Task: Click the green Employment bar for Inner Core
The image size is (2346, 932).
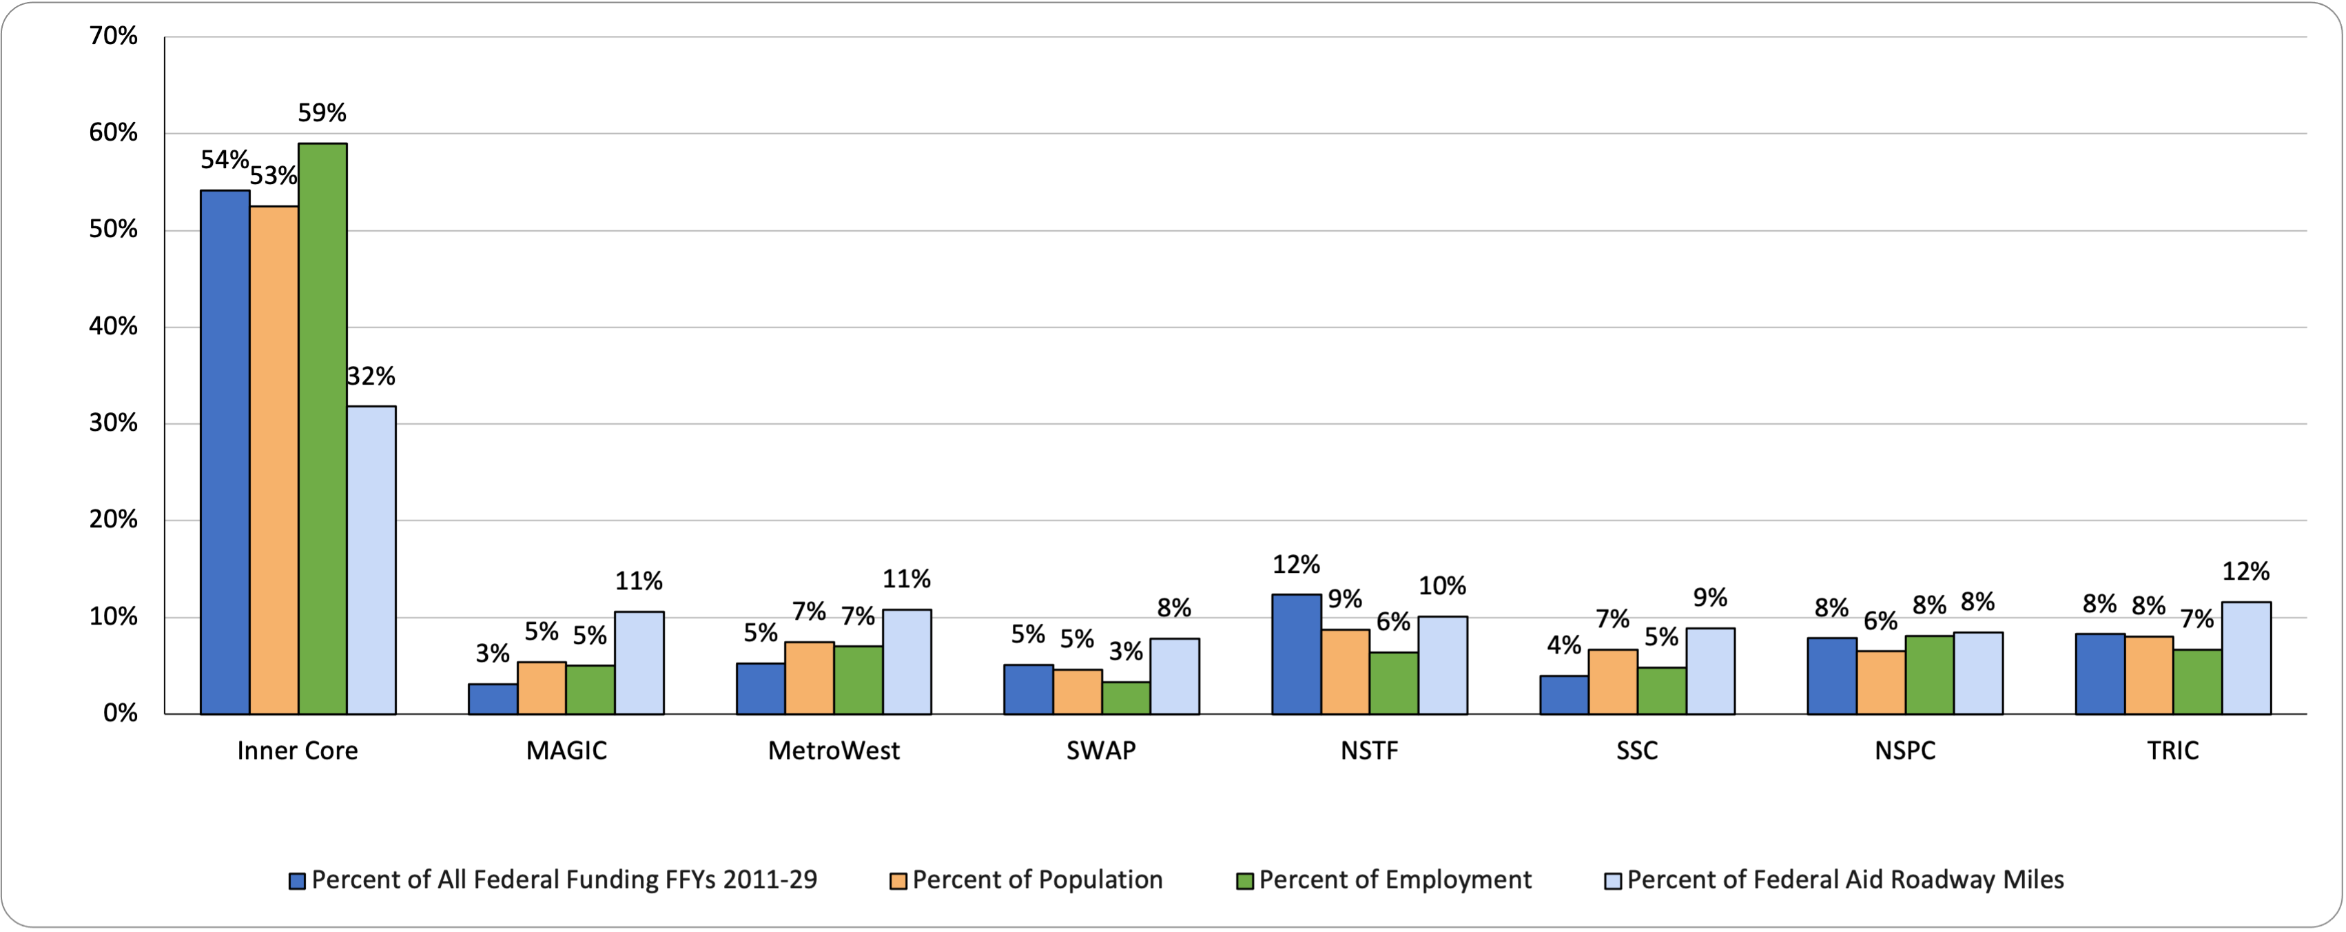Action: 322,428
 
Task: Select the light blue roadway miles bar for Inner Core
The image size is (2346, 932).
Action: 371,560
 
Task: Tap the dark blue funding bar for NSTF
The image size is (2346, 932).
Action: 1296,654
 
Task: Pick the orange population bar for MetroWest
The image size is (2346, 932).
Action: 810,678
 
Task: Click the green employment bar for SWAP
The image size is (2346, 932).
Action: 1126,698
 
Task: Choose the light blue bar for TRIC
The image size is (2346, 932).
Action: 2246,658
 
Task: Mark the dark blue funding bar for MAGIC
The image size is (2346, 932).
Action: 493,699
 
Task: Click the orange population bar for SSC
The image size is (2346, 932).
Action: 1613,682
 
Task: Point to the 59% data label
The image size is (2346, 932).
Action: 322,113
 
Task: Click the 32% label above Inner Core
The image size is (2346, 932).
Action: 371,376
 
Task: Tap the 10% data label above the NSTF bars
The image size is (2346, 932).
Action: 1443,586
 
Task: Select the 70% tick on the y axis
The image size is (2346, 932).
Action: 114,37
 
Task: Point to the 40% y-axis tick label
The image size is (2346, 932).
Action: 114,326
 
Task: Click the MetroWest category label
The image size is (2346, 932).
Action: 833,751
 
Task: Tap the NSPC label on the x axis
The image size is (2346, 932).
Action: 1904,751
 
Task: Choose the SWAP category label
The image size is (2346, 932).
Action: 1101,751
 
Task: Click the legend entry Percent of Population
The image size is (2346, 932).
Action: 1036,880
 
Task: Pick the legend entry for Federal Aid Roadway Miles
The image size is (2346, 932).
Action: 1845,880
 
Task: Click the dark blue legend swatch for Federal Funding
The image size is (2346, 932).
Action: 297,881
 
